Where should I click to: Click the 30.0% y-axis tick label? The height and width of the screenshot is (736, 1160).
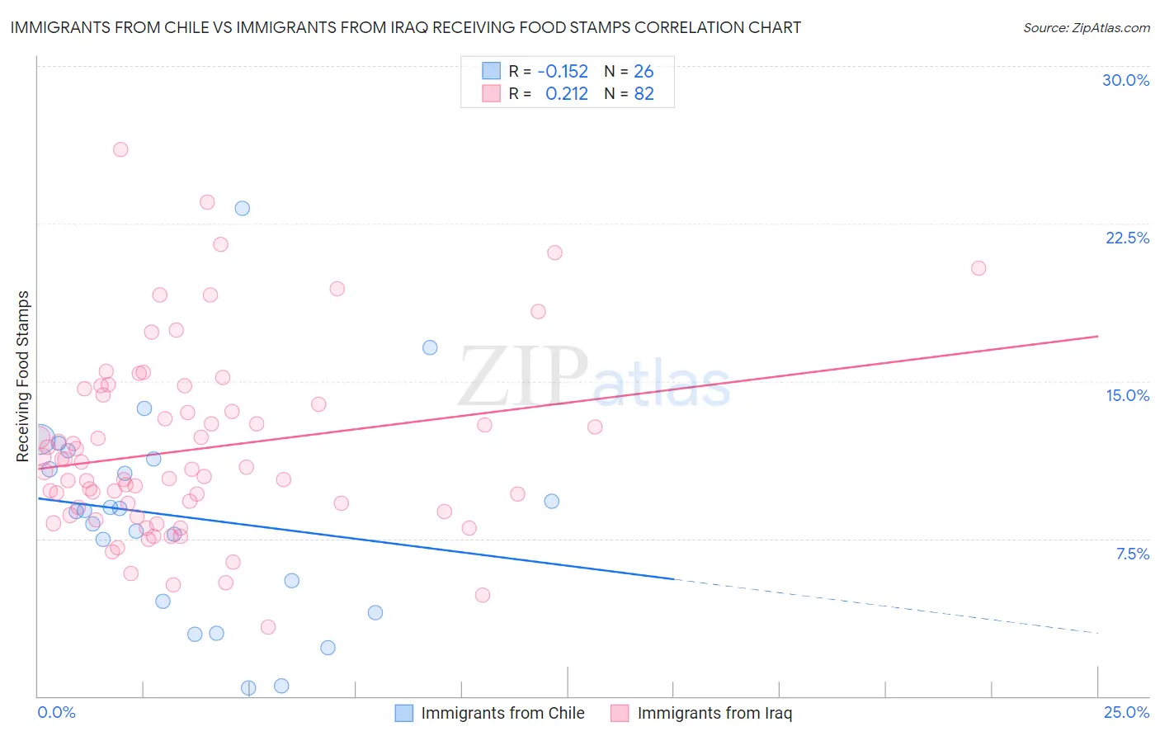tap(1125, 80)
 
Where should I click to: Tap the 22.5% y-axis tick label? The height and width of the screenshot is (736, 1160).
tap(1127, 238)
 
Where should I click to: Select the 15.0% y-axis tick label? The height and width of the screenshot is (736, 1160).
tap(1127, 395)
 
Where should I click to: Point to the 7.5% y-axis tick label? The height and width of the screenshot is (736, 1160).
tap(1132, 554)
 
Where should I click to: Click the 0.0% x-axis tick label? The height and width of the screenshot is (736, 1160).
tap(56, 712)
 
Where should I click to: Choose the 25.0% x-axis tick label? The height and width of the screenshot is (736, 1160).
tap(1126, 712)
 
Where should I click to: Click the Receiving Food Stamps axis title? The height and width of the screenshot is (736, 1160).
tap(23, 376)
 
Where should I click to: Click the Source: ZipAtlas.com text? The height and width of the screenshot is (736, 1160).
tap(1086, 28)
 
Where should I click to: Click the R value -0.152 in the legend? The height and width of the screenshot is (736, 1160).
tap(563, 71)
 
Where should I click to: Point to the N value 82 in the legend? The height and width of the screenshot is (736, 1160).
tap(644, 94)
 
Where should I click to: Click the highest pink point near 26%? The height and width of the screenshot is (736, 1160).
tap(120, 149)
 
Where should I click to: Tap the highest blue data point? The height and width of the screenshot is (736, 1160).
tap(242, 208)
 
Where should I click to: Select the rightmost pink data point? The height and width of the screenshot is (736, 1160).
tap(978, 268)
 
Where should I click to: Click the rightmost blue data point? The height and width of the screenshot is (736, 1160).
tap(552, 501)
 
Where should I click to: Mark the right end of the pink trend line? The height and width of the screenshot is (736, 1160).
tap(1097, 336)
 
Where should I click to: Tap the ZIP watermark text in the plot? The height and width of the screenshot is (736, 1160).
tap(523, 378)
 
